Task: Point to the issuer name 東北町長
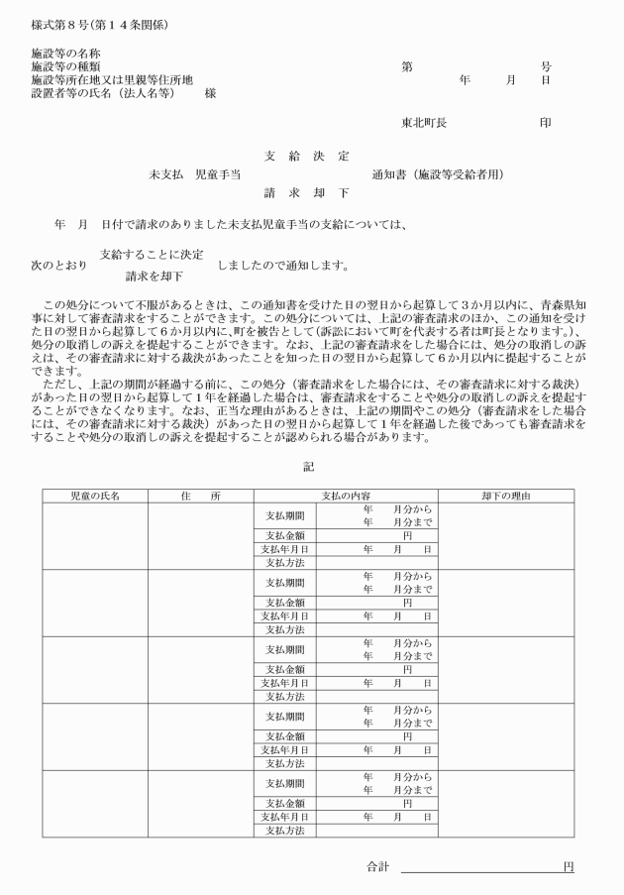423,124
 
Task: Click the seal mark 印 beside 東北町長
545,124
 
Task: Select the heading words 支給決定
307,157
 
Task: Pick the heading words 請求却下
307,192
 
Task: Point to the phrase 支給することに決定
152,255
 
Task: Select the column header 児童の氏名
94,496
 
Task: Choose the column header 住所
200,496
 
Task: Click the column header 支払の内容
345,496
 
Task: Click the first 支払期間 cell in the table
285,516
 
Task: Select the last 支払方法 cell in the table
285,830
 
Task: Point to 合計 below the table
377,867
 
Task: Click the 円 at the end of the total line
568,867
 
